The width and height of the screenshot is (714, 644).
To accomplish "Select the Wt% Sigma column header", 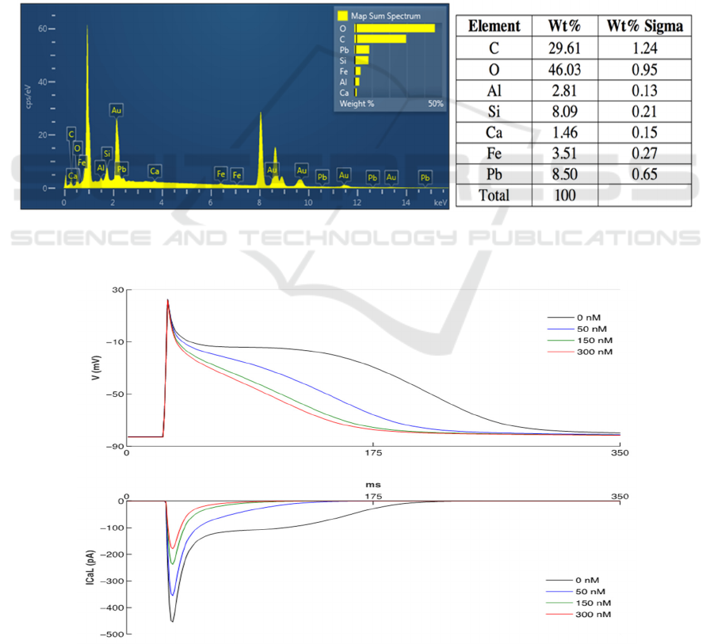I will pos(644,26).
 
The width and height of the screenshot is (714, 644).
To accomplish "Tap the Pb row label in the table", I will pos(494,173).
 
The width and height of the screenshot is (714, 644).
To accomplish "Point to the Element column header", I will pos(494,26).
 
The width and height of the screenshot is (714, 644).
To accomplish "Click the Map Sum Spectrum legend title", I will pos(386,15).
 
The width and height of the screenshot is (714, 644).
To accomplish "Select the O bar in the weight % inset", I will pos(395,29).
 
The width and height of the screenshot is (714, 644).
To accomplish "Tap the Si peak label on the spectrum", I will pos(106,153).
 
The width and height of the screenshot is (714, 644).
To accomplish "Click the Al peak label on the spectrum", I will pos(101,168).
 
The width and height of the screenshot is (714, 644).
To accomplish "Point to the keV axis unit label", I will pos(441,203).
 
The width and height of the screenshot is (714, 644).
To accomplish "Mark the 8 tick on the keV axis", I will pos(259,203).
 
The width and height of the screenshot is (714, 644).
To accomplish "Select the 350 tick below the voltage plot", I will pos(620,455).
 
